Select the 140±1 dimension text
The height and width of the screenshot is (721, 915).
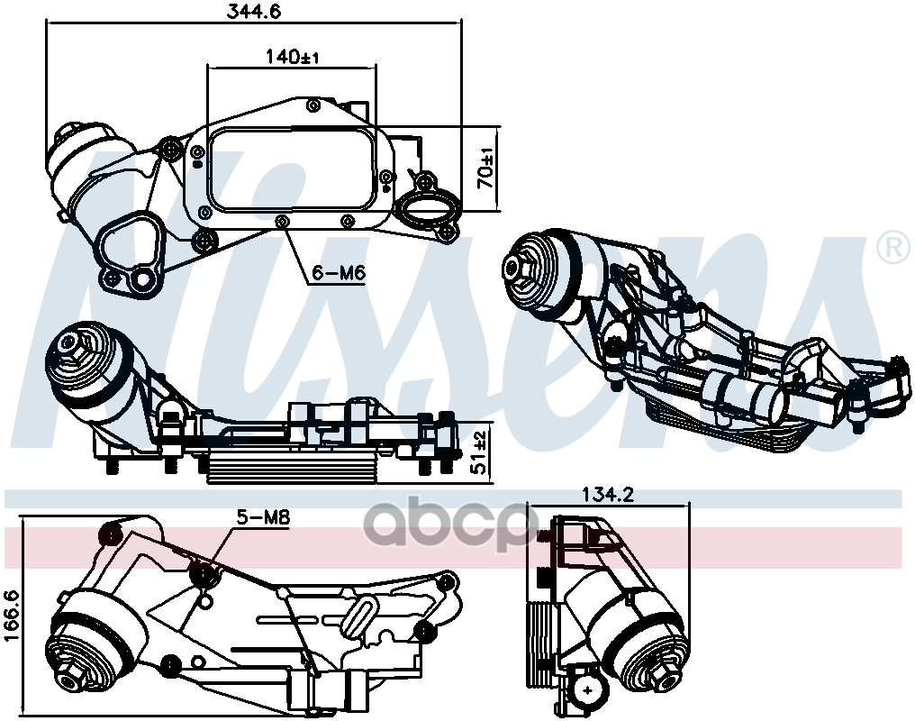point(292,56)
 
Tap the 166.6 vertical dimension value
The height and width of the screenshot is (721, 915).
point(13,616)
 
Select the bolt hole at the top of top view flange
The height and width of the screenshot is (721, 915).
point(313,105)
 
